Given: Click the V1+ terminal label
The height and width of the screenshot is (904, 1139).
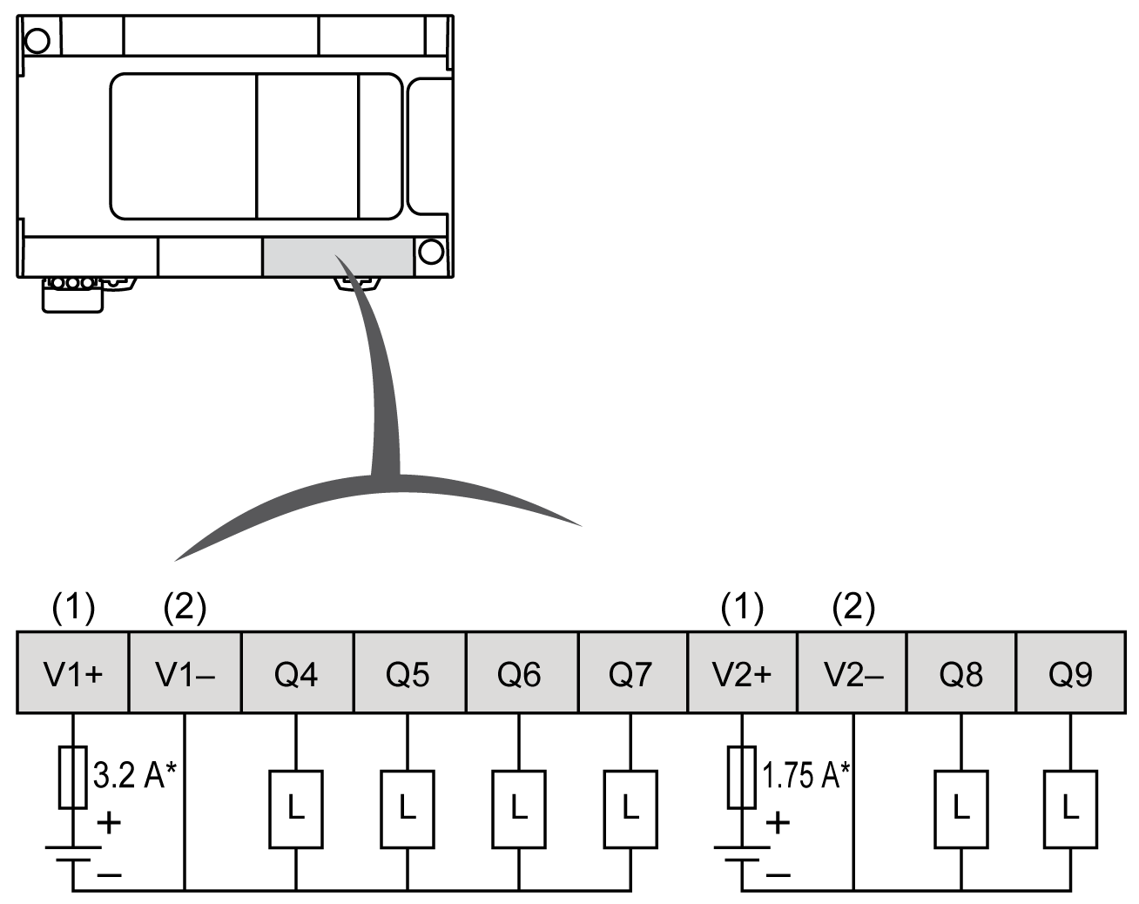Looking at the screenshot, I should pyautogui.click(x=73, y=673).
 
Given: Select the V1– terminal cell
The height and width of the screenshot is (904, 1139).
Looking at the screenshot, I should pyautogui.click(x=185, y=673).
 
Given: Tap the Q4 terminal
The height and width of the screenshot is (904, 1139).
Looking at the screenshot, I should pyautogui.click(x=296, y=673).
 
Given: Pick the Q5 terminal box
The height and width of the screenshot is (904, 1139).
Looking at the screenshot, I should pyautogui.click(x=408, y=673).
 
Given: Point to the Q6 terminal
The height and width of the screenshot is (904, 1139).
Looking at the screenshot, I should pyautogui.click(x=519, y=673).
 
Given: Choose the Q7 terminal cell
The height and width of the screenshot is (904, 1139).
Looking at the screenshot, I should pyautogui.click(x=630, y=673).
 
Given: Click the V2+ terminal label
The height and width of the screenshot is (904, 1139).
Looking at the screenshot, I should pyautogui.click(x=742, y=673).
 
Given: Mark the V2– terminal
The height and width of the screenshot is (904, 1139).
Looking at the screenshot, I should pyautogui.click(x=853, y=673).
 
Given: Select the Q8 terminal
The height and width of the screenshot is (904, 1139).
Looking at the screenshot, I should pyautogui.click(x=961, y=673).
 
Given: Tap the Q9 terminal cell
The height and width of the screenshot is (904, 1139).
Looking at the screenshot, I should pyautogui.click(x=1070, y=673).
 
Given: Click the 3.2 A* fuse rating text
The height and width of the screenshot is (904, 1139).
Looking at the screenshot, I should pyautogui.click(x=134, y=774).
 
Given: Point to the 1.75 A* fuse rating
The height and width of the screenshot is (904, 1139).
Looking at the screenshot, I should pyautogui.click(x=806, y=774).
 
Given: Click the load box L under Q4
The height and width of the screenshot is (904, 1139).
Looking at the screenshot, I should pyautogui.click(x=296, y=809).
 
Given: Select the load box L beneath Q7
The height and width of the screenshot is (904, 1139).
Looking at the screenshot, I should pyautogui.click(x=630, y=809).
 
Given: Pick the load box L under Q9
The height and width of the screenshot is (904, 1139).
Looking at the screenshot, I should pyautogui.click(x=1070, y=809).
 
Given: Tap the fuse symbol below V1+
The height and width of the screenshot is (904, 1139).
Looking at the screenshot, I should pyautogui.click(x=73, y=777).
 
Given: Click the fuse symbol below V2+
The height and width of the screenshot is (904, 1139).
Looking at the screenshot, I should pyautogui.click(x=742, y=777).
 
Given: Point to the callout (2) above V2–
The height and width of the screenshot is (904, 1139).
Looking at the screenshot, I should pyautogui.click(x=853, y=607).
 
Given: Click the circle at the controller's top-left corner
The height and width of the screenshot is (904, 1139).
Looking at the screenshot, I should pyautogui.click(x=37, y=39).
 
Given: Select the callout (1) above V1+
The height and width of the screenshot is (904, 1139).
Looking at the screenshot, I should pyautogui.click(x=73, y=607).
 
